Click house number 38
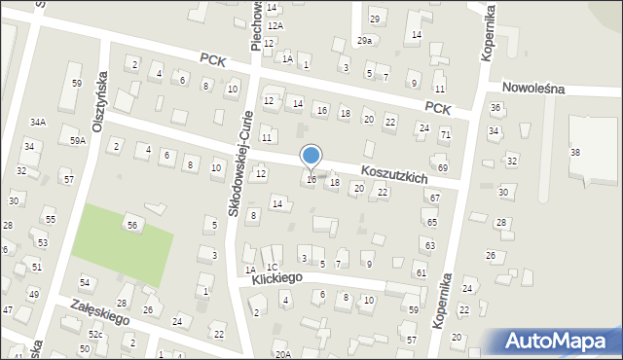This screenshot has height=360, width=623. click(575, 153)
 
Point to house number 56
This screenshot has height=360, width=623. click(131, 225)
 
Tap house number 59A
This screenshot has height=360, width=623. click(78, 141)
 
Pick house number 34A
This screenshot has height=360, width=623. click(38, 123)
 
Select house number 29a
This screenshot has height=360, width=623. click(364, 41)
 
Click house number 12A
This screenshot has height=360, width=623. click(275, 25)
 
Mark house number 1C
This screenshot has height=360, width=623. click(273, 267)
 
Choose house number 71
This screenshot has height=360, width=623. click(445, 133)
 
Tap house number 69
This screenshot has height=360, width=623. click(442, 168)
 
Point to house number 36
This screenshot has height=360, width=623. click(495, 107)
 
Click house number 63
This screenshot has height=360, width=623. click(430, 246)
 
